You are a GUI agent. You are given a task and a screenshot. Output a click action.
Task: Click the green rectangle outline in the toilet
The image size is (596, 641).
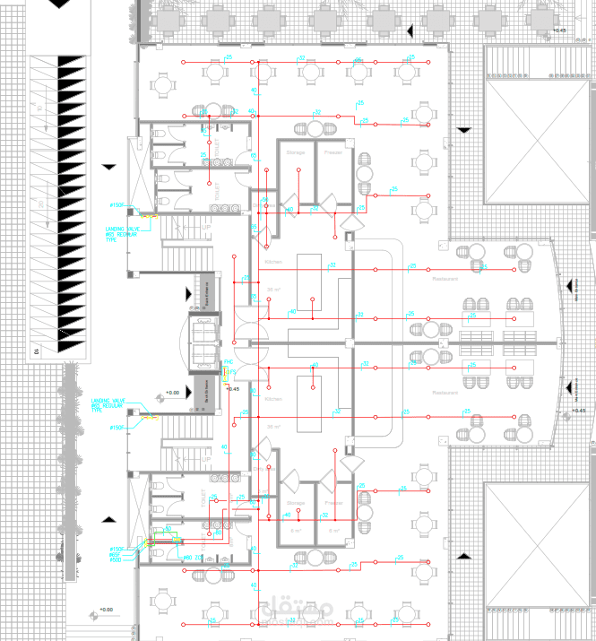152,539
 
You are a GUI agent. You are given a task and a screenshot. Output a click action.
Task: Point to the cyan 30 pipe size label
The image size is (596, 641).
333,265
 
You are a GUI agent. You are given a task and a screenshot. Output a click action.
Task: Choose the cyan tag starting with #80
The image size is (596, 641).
188,558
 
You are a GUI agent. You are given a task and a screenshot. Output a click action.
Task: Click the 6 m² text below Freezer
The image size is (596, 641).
333,531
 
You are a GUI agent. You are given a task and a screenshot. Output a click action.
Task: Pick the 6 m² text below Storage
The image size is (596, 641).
296,531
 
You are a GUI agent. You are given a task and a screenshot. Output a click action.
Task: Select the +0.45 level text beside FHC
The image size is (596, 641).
233,389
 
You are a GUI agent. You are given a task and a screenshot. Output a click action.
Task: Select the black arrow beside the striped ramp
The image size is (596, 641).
109,167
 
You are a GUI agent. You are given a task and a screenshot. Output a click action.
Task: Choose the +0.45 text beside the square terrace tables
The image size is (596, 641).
560,31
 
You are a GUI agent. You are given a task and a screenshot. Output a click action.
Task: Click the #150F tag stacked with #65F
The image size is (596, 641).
116,548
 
